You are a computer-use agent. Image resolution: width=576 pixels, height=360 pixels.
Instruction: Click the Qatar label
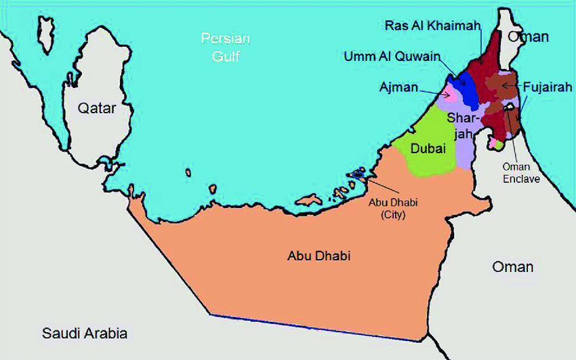click(x=96, y=108)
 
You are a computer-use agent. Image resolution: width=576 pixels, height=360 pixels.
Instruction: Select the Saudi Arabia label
click(x=85, y=334)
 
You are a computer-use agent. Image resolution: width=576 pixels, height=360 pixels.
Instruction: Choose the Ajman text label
click(x=398, y=87)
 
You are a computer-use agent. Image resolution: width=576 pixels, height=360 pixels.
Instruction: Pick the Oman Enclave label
click(x=521, y=173)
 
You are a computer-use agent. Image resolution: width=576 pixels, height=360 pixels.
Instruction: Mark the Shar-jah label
click(x=461, y=125)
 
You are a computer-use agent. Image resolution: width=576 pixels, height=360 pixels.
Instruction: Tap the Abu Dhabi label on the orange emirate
click(x=313, y=256)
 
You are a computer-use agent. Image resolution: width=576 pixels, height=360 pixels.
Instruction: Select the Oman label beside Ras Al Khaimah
click(x=529, y=37)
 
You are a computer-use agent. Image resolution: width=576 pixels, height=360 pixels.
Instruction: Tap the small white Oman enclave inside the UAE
click(x=508, y=106)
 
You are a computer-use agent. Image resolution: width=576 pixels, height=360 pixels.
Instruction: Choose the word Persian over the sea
click(x=226, y=38)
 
